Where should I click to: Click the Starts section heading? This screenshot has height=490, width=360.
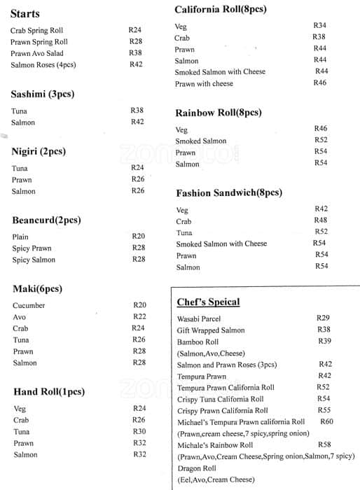25,14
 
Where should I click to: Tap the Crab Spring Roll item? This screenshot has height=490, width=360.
36,30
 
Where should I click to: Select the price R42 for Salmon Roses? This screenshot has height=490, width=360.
136,64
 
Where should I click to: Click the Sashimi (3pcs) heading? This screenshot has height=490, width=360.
42,94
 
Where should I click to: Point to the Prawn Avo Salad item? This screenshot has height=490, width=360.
37,53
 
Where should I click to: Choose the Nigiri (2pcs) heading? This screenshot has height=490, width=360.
39,151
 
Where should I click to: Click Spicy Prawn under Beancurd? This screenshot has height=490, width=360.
32,248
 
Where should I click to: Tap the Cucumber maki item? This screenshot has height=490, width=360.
29,305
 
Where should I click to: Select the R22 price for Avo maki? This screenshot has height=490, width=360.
139,316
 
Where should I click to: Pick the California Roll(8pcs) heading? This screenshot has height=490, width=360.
220,10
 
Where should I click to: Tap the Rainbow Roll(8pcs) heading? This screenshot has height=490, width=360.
218,113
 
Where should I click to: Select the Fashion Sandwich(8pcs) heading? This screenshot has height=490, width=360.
228,192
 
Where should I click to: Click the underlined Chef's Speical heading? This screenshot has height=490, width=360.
208,302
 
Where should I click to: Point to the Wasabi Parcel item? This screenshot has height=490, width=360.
200,318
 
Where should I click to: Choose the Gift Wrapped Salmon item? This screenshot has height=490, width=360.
211,330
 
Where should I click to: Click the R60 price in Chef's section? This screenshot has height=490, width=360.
326,421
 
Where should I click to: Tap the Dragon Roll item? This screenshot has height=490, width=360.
197,468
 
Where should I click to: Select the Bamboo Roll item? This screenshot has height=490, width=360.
198,342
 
